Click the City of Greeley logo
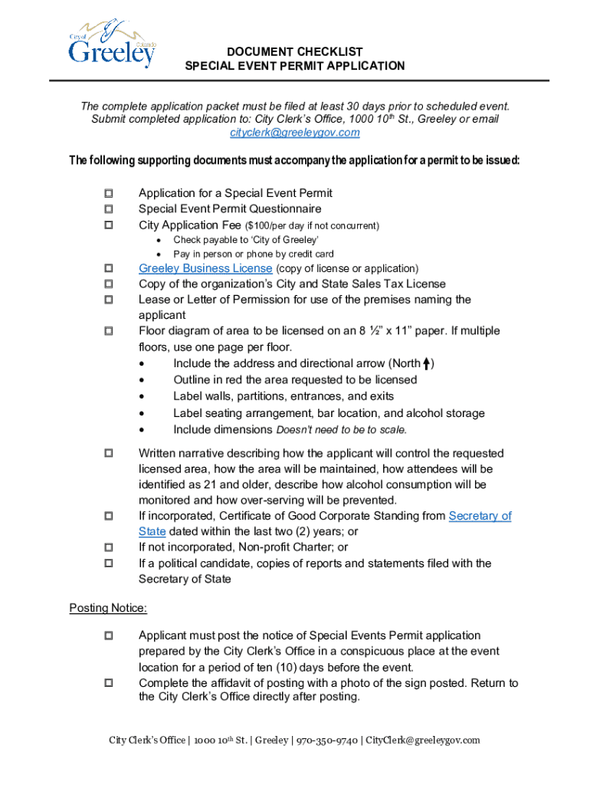pyautogui.click(x=112, y=44)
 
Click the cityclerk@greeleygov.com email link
pyautogui.click(x=295, y=133)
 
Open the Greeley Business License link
pyautogui.click(x=205, y=268)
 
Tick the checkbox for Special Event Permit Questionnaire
pyautogui.click(x=108, y=209)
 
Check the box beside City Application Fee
pyautogui.click(x=108, y=225)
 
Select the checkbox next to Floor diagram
pyautogui.click(x=108, y=330)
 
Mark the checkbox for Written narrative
pyautogui.click(x=108, y=453)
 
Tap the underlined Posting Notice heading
pyautogui.click(x=108, y=608)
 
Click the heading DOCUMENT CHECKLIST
pyautogui.click(x=295, y=51)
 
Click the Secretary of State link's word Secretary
pyautogui.click(x=480, y=516)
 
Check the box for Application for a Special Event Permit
pyautogui.click(x=108, y=192)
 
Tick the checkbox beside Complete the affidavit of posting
pyautogui.click(x=108, y=682)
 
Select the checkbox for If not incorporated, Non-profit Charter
pyautogui.click(x=108, y=547)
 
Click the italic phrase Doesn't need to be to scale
pyautogui.click(x=341, y=429)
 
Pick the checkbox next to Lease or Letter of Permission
pyautogui.click(x=108, y=299)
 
